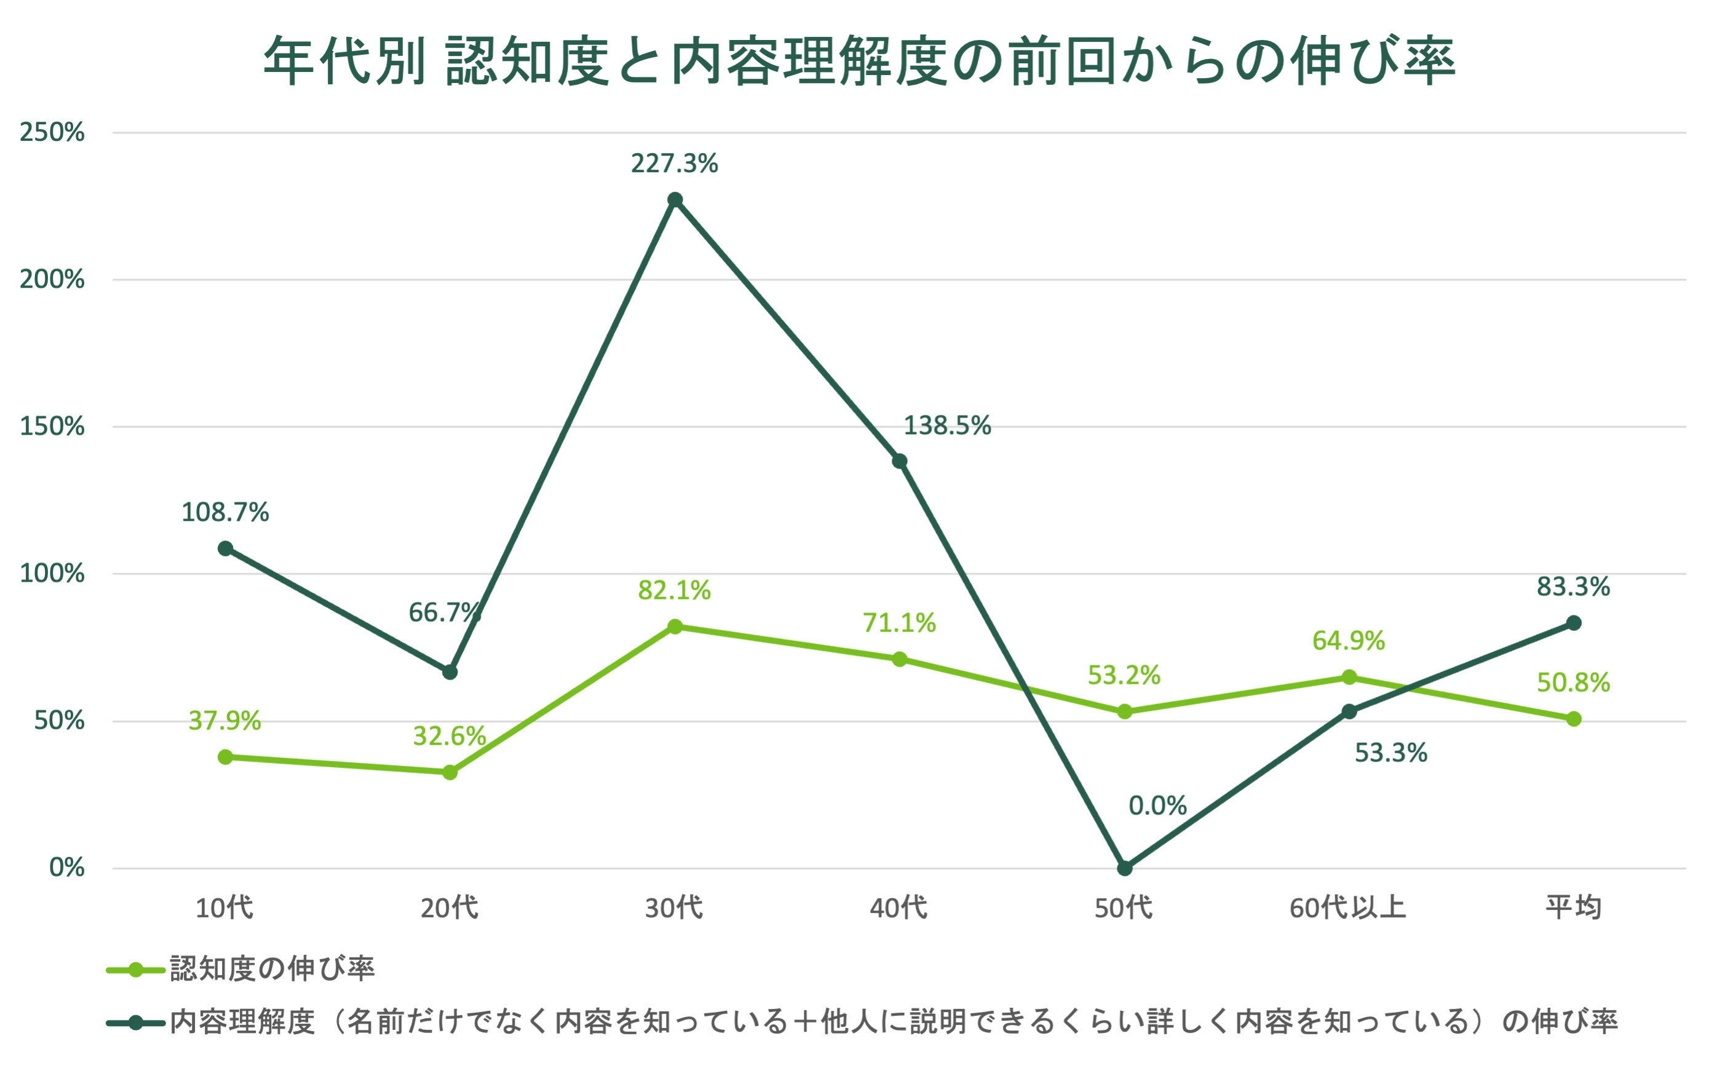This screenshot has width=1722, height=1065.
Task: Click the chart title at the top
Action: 859,62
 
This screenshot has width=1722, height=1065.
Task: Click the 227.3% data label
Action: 674,164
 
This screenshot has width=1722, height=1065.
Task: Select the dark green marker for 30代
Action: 675,200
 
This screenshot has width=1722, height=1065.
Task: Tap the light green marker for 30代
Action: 675,626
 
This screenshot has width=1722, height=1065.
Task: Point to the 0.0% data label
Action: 1157,806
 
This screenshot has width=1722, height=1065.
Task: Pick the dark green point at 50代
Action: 1125,868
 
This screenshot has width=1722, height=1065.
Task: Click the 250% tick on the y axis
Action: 52,132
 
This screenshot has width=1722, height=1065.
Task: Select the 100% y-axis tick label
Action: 52,573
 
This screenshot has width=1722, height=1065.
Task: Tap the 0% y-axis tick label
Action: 67,868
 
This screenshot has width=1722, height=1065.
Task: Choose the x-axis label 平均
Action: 1573,907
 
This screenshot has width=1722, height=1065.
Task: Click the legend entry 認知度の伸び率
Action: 272,969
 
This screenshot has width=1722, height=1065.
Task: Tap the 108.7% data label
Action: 225,513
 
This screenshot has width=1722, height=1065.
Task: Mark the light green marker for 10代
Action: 225,757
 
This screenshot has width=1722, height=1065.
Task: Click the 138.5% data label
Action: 946,426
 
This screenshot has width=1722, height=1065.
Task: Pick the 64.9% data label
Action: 1348,641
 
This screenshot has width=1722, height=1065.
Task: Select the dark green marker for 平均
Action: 1573,624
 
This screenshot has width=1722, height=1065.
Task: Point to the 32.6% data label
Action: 450,736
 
